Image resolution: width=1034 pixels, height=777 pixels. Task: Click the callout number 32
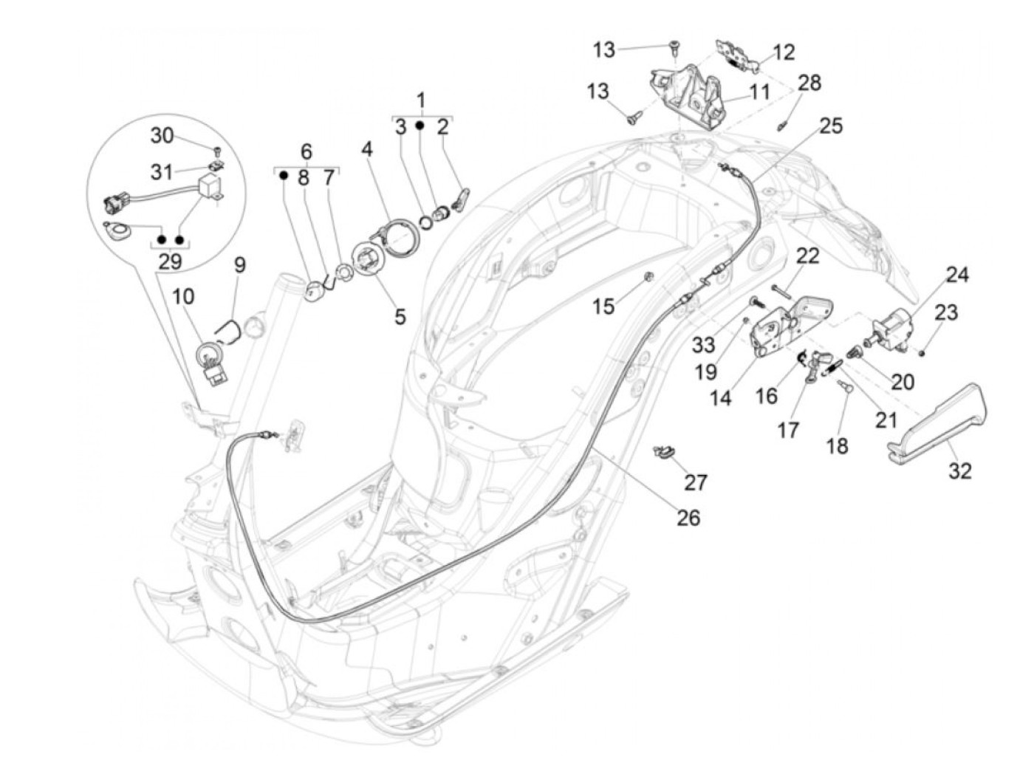click(x=960, y=470)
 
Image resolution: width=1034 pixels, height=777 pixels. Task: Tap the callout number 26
click(x=688, y=517)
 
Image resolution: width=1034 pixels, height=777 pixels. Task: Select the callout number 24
click(x=957, y=275)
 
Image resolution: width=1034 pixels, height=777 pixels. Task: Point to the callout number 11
click(x=759, y=92)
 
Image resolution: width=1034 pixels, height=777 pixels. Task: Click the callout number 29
click(x=170, y=261)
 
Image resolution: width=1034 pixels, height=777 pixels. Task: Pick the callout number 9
click(x=239, y=264)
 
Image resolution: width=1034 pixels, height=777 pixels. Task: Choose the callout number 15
click(x=604, y=305)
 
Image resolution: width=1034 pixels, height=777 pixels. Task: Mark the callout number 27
click(x=695, y=482)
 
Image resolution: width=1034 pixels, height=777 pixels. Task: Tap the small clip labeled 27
click(x=665, y=451)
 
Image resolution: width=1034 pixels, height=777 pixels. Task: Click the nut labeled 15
click(x=648, y=278)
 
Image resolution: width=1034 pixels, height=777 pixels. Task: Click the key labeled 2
click(x=462, y=199)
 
